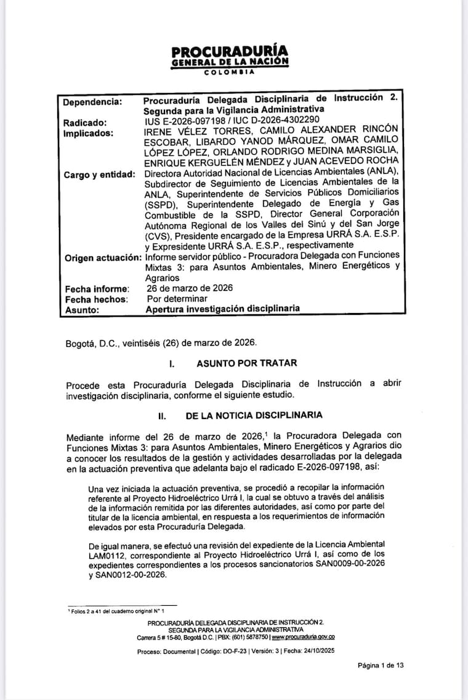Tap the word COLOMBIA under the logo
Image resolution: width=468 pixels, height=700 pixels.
point(229,72)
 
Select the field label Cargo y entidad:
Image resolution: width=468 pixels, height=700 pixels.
point(100,174)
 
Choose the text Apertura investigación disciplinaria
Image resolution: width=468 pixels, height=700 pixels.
point(222,309)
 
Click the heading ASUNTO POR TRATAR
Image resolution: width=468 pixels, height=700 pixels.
point(246,364)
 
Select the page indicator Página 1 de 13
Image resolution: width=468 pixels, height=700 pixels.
point(381,665)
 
